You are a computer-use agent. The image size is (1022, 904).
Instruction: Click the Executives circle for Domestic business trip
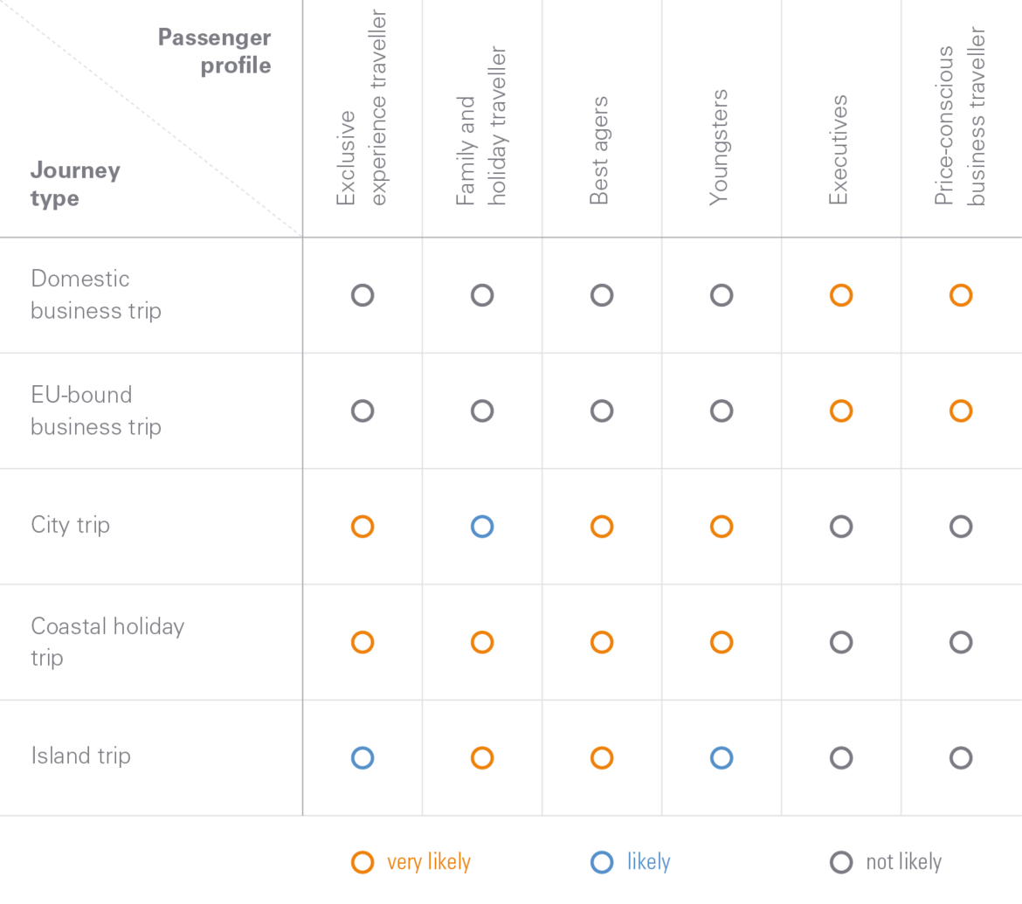[x=841, y=284]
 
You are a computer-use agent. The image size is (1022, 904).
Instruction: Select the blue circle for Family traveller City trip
[x=481, y=515]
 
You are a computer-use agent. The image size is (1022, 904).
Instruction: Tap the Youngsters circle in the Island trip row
[x=721, y=746]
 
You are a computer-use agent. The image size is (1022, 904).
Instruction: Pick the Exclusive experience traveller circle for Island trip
[x=363, y=746]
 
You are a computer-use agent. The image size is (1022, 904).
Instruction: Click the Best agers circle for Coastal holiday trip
[x=602, y=631]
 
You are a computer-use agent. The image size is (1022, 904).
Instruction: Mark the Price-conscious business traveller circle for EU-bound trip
[x=961, y=399]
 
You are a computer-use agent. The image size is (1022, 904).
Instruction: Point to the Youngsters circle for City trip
[x=721, y=515]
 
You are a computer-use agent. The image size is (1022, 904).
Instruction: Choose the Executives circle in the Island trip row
[x=841, y=746]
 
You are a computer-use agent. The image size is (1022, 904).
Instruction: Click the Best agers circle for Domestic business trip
[x=602, y=284]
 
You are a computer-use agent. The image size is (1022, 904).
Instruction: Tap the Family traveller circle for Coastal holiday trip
[x=481, y=631]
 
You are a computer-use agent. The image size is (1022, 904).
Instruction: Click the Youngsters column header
[x=718, y=148]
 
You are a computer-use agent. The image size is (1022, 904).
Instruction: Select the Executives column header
[x=839, y=150]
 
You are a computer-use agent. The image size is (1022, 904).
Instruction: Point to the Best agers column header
[x=599, y=150]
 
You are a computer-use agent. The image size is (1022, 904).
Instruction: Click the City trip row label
[x=71, y=525]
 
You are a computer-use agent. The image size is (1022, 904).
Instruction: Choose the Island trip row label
[x=81, y=756]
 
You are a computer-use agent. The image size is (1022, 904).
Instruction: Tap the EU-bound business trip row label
[x=96, y=411]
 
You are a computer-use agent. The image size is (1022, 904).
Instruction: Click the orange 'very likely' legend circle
[x=363, y=851]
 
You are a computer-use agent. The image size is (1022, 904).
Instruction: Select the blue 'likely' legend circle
[x=602, y=851]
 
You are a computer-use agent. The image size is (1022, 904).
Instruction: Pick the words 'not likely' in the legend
[x=904, y=862]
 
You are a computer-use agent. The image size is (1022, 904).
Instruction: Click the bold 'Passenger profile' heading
[x=214, y=51]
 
